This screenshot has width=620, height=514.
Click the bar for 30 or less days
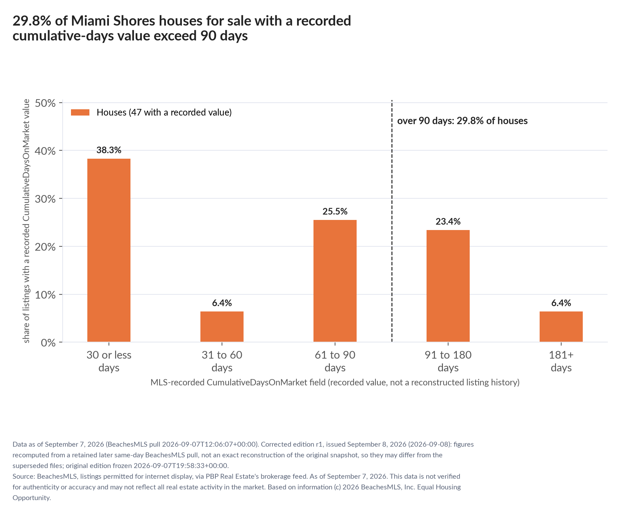109,250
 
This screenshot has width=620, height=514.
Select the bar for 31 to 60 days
222,327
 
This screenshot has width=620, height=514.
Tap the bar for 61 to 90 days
335,281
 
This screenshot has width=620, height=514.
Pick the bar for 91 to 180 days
448,286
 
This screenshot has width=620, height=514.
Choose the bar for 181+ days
561,327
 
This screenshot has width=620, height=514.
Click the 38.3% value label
109,150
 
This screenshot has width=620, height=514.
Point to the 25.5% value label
335,212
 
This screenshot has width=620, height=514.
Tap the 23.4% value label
448,222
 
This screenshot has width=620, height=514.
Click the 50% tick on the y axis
46,103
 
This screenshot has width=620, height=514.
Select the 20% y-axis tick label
46,247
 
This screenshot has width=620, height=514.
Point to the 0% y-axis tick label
48,343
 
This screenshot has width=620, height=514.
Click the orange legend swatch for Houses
80,112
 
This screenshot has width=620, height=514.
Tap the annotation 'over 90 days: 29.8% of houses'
462,121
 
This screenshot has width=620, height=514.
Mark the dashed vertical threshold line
392,221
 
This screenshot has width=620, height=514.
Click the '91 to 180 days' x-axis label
448,361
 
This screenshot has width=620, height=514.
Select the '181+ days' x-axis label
561,361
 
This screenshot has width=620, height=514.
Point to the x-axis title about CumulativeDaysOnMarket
335,382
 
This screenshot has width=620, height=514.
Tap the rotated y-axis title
26,221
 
